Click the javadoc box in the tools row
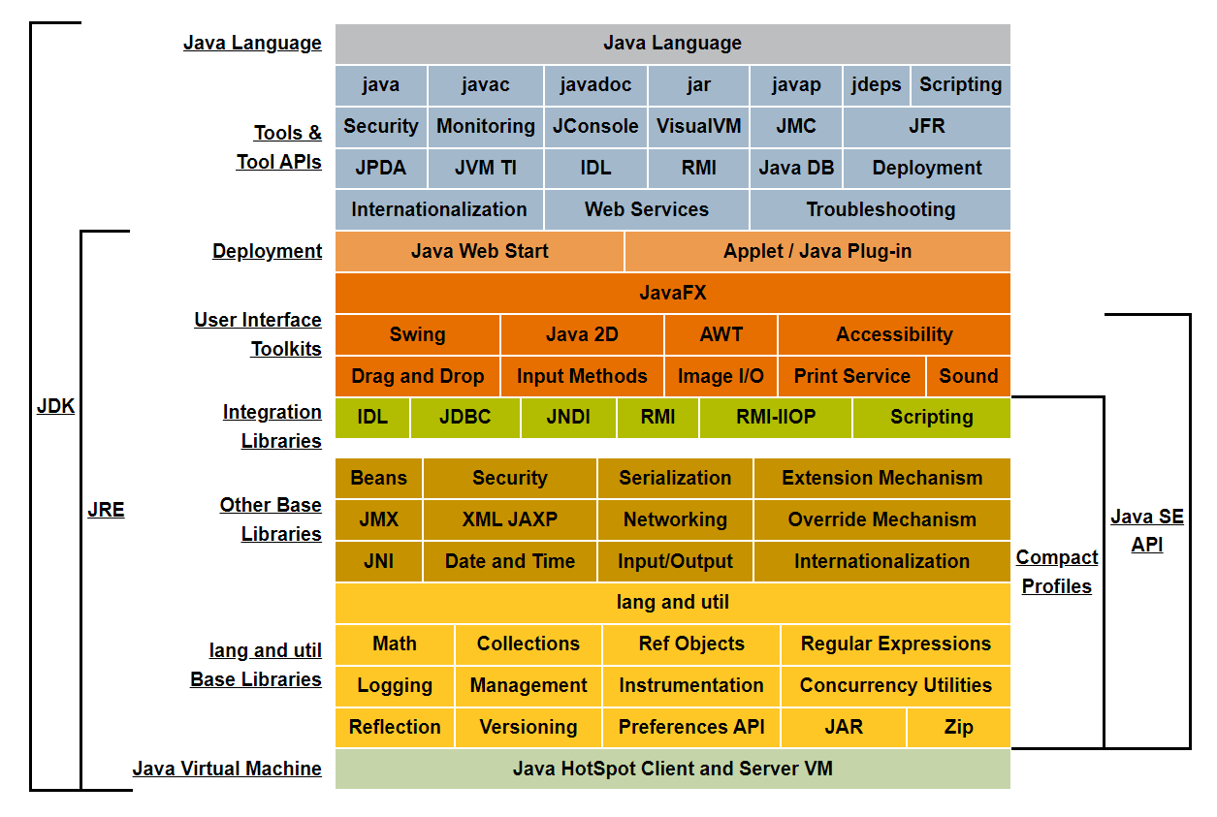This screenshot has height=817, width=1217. (x=595, y=85)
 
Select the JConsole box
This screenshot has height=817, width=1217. (x=595, y=127)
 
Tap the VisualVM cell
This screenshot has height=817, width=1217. (x=698, y=127)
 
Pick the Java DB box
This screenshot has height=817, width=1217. (x=796, y=169)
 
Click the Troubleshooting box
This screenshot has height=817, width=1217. (x=880, y=210)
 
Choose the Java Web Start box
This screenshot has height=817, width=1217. (x=479, y=252)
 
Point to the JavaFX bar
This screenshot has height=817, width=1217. (x=672, y=293)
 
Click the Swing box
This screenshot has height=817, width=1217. (x=417, y=335)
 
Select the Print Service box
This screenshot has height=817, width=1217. (x=851, y=377)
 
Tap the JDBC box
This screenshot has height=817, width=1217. (x=464, y=418)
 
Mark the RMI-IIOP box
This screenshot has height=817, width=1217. (x=775, y=418)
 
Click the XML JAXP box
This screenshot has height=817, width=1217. (x=509, y=520)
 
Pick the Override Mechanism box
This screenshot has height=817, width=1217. (x=881, y=520)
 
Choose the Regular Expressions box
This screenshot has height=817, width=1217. (x=895, y=644)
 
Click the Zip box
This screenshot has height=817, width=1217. (x=958, y=728)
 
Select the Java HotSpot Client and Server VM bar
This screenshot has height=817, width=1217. (x=672, y=770)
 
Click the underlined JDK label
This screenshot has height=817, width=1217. (x=55, y=407)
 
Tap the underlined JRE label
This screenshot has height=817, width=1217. (x=106, y=510)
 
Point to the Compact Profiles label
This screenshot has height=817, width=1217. (x=1056, y=572)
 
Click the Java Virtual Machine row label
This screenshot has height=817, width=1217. (x=227, y=770)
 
